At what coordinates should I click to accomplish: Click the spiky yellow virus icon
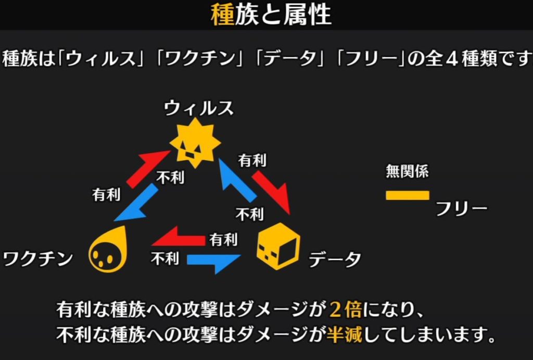click(195, 142)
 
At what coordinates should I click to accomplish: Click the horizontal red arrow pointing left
click(178, 238)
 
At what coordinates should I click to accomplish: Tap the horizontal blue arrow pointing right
click(213, 261)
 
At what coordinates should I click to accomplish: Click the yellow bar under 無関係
click(407, 195)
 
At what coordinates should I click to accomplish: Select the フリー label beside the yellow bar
click(462, 209)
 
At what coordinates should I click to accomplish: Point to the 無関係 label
click(407, 171)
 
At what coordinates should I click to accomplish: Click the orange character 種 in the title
click(222, 15)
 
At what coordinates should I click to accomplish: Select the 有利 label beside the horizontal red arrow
click(223, 240)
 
